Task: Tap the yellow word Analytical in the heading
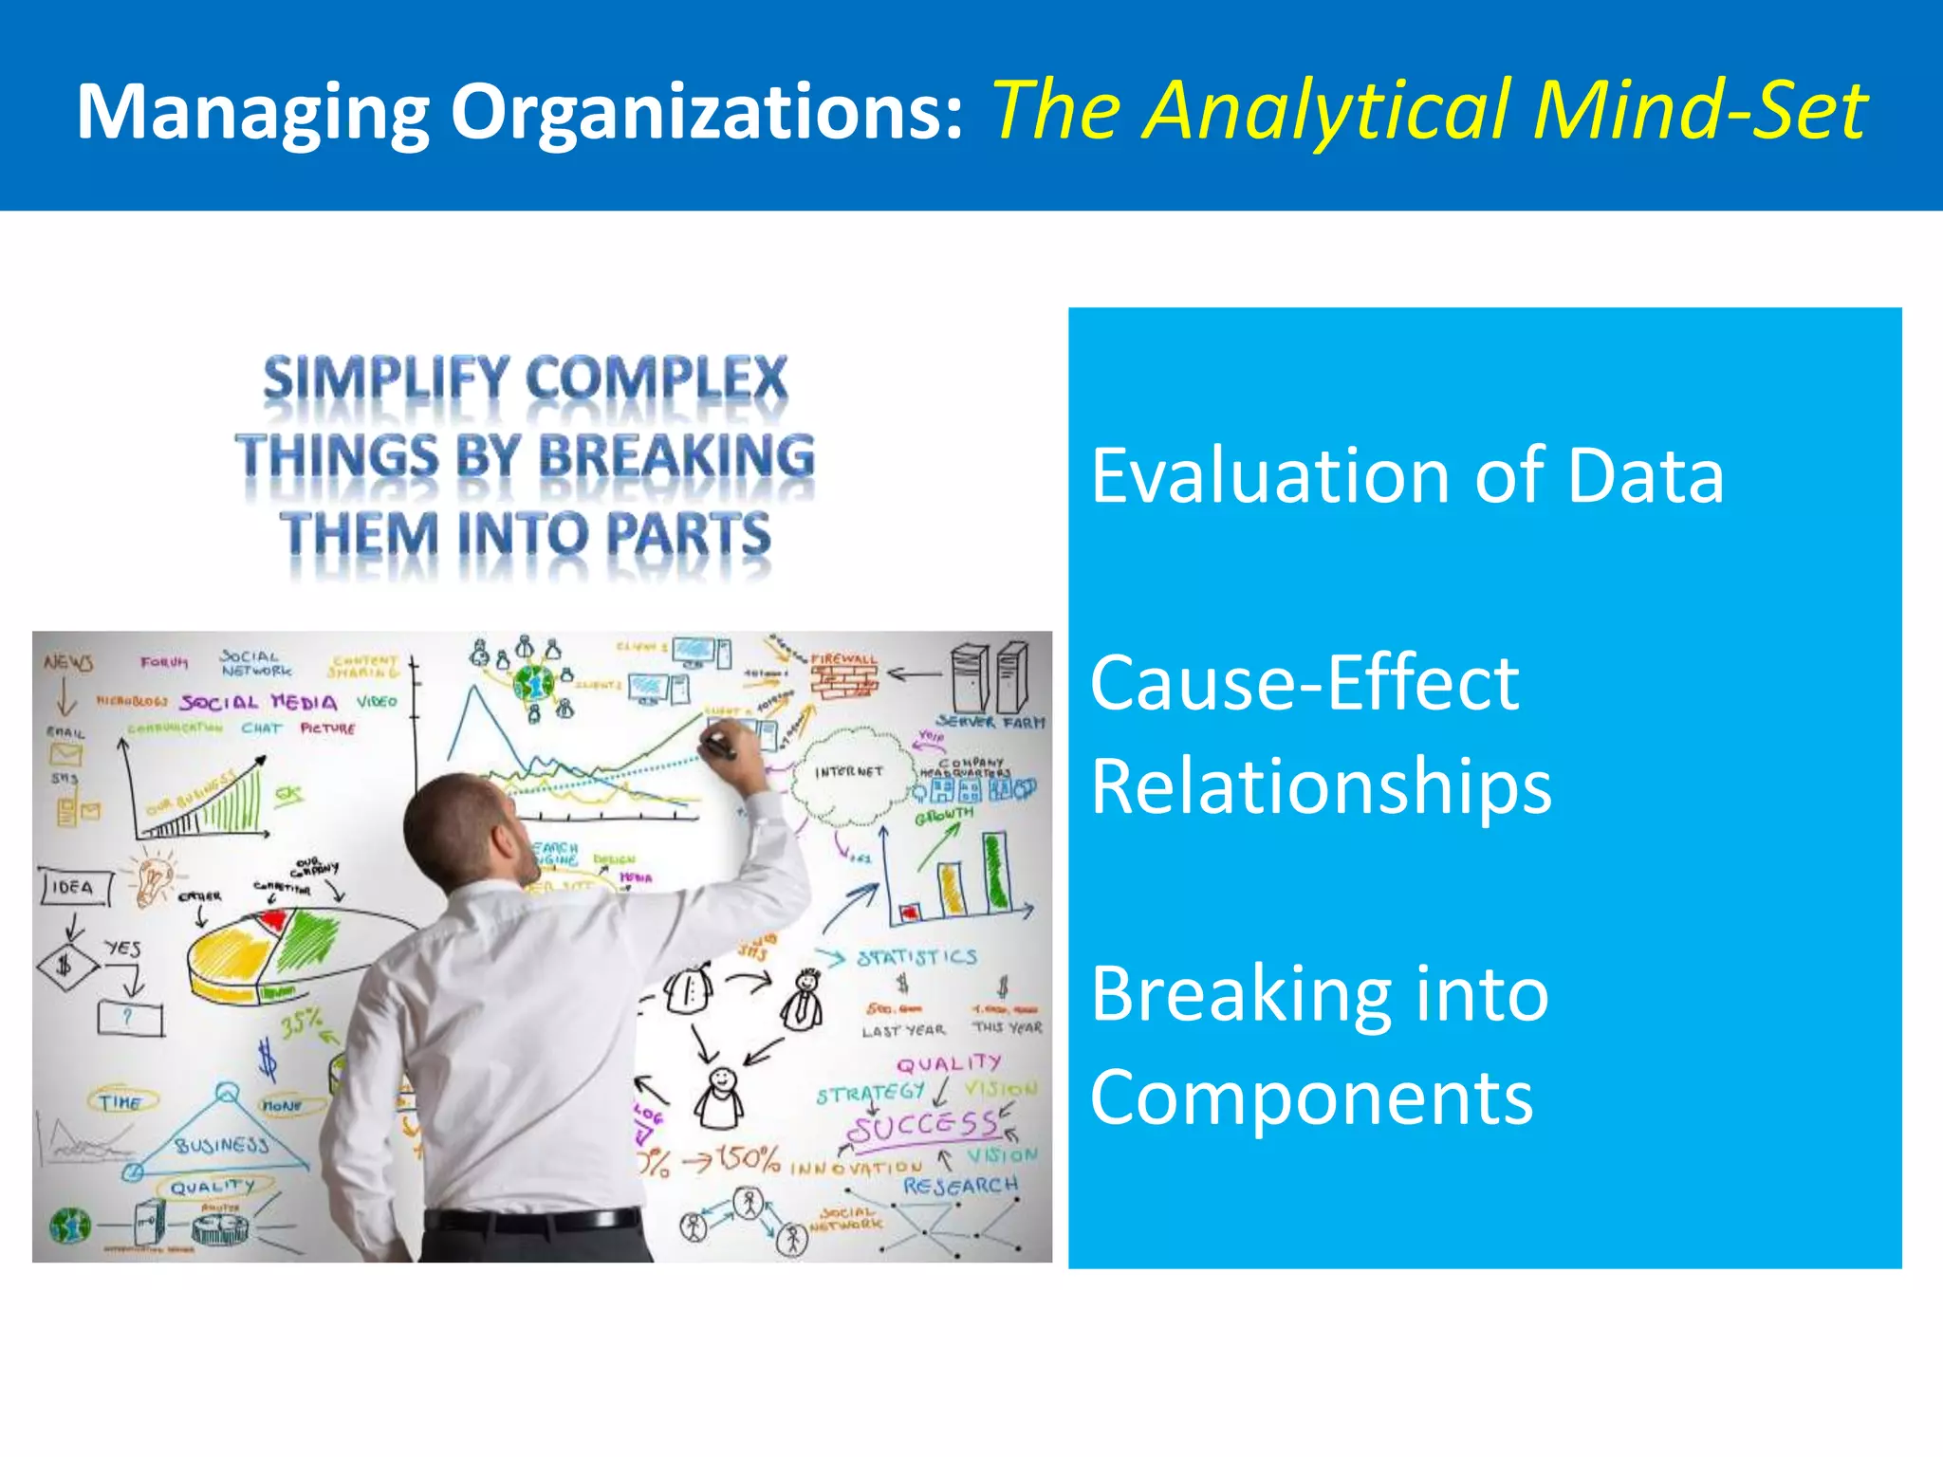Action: tap(1328, 112)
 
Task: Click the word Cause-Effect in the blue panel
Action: tap(1305, 683)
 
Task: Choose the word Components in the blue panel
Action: tap(1311, 1097)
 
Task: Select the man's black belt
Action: tap(531, 1220)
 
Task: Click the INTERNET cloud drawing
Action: tap(847, 774)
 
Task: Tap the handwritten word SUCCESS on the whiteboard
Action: tap(921, 1127)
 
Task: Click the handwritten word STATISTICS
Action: tap(916, 957)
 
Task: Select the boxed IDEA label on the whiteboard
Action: tap(74, 887)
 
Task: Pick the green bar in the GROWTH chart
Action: tap(995, 872)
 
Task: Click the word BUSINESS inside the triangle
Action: tap(222, 1145)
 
